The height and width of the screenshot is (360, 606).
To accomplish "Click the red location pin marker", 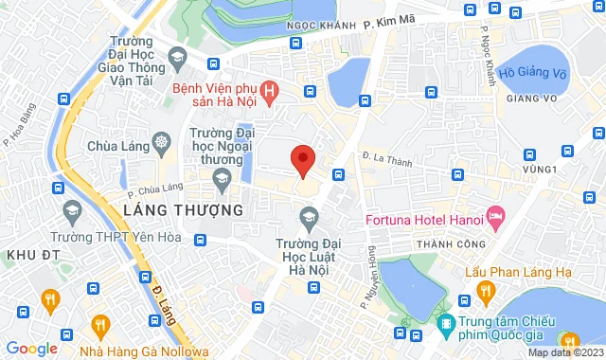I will [302, 159].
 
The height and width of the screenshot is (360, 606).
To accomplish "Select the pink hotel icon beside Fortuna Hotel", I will [494, 216].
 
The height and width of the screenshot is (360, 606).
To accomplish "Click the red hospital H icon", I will [271, 92].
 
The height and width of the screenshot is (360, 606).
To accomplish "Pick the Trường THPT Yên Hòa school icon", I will [71, 210].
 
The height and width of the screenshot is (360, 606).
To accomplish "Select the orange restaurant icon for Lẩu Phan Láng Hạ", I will [485, 290].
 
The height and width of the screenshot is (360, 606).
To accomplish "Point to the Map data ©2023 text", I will [564, 353].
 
